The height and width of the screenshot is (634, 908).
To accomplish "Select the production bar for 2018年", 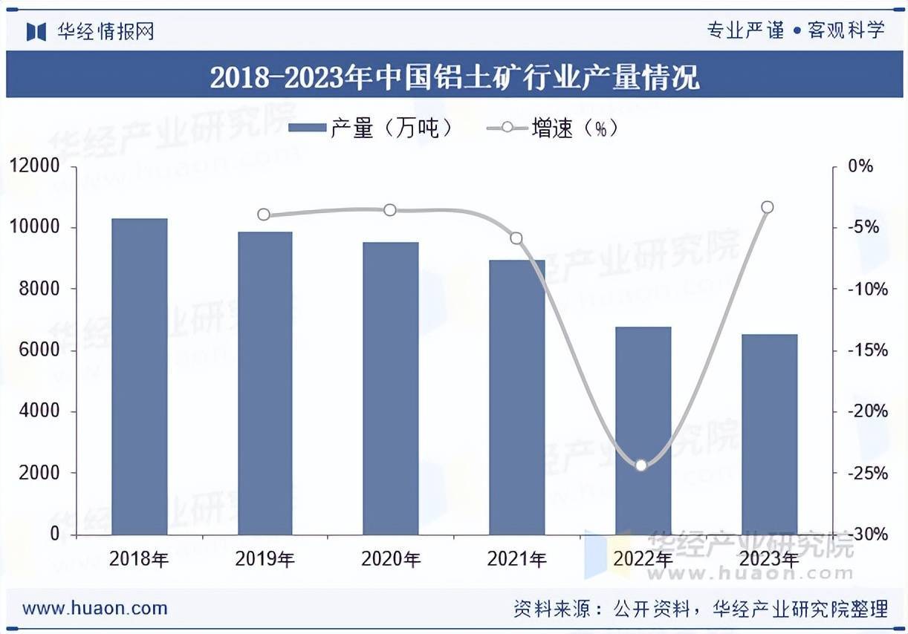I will (139, 376).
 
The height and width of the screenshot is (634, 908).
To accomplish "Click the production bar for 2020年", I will (391, 388).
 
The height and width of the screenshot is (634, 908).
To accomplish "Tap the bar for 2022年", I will (643, 431).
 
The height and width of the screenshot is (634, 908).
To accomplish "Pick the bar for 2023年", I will (770, 434).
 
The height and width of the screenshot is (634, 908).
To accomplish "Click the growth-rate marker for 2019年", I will (264, 215).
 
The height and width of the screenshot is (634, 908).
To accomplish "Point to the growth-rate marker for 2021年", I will (516, 238).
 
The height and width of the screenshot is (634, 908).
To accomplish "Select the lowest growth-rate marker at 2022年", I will (642, 465).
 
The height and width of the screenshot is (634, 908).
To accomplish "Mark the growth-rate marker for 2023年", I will (768, 207).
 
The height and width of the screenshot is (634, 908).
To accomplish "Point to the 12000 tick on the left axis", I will (34, 166).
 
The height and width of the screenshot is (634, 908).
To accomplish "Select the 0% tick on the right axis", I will (860, 166).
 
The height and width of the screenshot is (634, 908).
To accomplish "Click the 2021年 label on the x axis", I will (517, 559).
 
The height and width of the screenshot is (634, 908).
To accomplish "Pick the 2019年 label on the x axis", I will (265, 559).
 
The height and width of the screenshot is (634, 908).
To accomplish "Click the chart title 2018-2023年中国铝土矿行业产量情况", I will (454, 76).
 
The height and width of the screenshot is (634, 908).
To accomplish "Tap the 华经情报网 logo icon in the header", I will (36, 31).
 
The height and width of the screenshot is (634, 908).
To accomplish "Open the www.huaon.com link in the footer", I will (95, 609).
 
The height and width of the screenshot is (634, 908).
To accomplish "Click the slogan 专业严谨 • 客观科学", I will (795, 30).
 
